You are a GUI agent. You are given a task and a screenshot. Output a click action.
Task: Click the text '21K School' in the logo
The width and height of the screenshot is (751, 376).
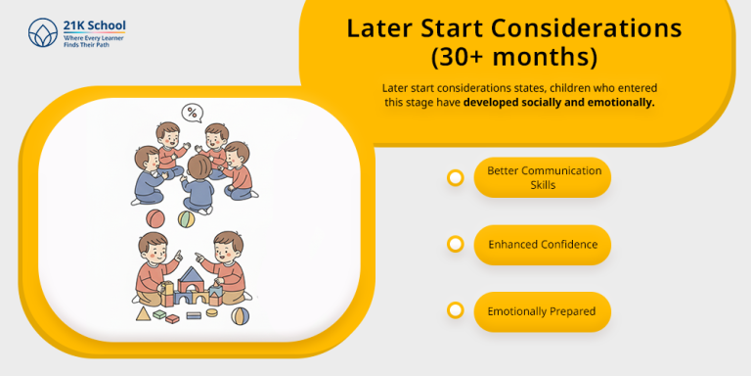coord(94,24)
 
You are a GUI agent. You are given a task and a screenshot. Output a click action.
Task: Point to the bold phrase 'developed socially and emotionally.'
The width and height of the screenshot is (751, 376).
coord(559,102)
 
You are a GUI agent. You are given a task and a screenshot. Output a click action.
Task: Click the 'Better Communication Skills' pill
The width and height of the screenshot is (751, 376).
coord(542,177)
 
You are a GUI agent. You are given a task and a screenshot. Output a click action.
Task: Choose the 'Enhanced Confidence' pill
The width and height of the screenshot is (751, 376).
coord(542,245)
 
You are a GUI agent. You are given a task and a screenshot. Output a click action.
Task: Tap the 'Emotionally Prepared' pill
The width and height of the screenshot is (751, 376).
coord(542,311)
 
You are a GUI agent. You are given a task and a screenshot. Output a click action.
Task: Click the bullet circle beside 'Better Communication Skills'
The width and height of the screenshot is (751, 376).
coord(455,177)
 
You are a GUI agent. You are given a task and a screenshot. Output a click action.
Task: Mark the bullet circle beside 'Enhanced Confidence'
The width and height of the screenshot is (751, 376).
coord(455,244)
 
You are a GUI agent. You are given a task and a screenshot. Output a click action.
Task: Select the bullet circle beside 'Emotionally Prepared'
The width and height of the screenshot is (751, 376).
coord(455,310)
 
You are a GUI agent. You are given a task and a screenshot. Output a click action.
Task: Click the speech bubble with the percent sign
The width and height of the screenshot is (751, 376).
coord(193,113)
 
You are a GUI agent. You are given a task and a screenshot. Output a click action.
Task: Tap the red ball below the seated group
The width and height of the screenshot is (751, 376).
coord(155,217)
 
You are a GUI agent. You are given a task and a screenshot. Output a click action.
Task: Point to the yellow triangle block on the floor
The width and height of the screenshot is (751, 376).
coord(145,313)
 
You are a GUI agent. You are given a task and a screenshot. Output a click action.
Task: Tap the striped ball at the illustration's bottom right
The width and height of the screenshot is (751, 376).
coord(240,315)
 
